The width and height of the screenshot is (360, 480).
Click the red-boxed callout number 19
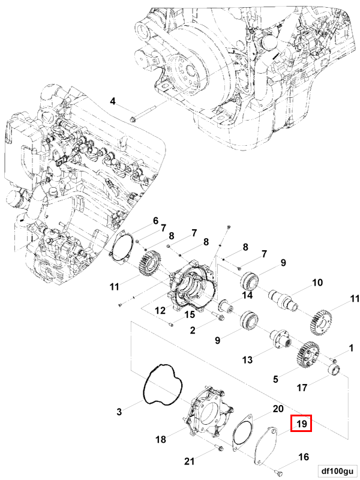click(302, 424)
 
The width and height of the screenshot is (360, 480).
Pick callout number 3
click(119, 412)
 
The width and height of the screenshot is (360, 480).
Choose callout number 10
click(317, 282)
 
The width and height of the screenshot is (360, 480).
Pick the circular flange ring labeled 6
click(122, 248)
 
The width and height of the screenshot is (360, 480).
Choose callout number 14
click(247, 295)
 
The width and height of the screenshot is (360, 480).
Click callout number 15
click(189, 314)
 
